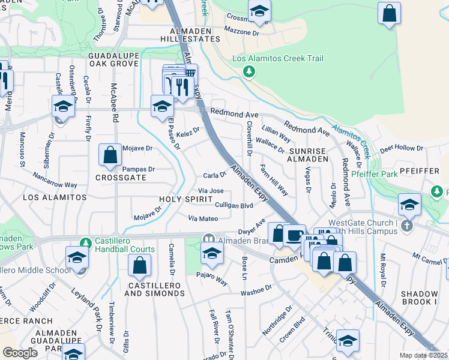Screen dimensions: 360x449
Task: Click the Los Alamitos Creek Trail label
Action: point(278,59)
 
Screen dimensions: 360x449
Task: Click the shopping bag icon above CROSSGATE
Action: point(110,155)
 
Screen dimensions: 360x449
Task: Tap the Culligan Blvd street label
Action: point(234,205)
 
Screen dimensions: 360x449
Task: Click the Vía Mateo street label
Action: point(203,219)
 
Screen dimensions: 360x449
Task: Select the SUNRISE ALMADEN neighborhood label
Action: point(309,155)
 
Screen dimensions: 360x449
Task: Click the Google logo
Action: point(20,353)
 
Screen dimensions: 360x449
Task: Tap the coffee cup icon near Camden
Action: point(294,235)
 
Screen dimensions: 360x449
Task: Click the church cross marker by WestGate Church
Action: point(407,226)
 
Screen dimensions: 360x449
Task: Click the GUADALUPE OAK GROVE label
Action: point(115,59)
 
